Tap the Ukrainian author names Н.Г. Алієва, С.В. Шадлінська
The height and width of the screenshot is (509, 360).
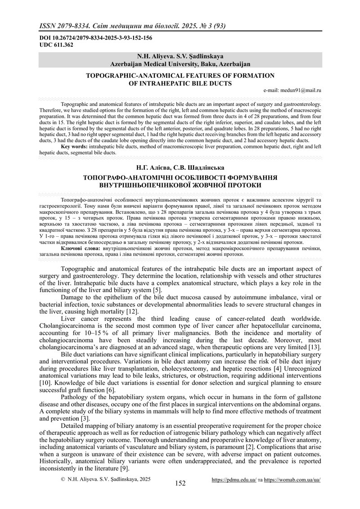180,168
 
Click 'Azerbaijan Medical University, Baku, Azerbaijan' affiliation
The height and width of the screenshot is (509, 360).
180,64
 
